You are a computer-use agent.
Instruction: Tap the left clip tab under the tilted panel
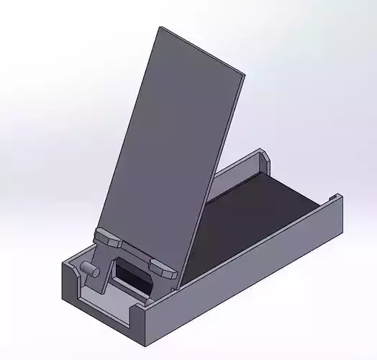pyautogui.click(x=110, y=237)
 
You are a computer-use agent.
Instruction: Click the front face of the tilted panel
pyautogui.click(x=173, y=144)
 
